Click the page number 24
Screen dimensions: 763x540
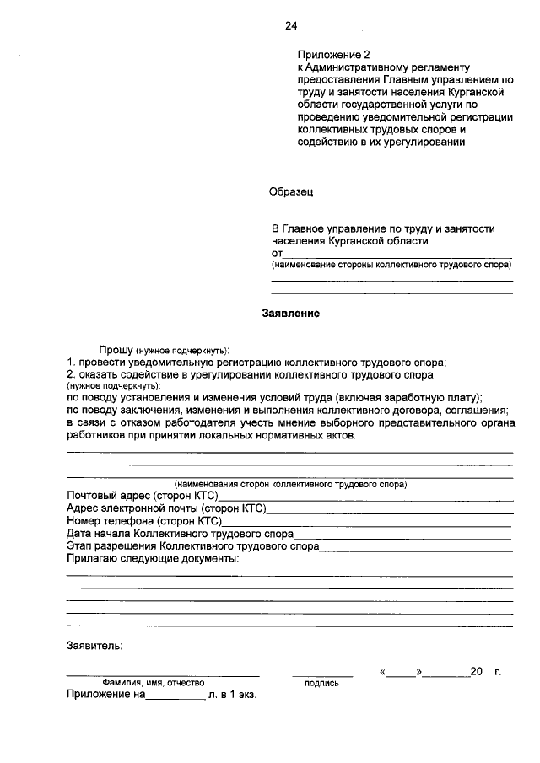tap(291, 26)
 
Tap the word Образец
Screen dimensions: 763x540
tap(291, 192)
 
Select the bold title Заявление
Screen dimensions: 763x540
tap(291, 313)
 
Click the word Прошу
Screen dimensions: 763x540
tap(115, 349)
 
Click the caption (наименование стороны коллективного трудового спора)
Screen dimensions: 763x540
tap(391, 265)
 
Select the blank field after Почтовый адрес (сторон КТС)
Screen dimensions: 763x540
tap(365, 497)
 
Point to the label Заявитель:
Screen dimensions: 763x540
tap(94, 647)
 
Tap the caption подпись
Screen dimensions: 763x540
tap(321, 683)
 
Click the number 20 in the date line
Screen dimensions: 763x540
tap(476, 672)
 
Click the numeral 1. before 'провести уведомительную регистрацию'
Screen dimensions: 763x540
tap(72, 361)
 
